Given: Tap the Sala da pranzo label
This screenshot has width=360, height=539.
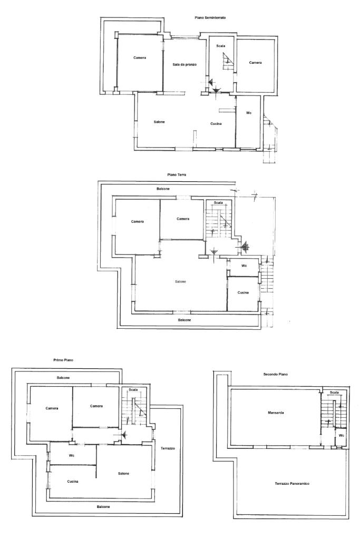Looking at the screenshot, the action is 184,64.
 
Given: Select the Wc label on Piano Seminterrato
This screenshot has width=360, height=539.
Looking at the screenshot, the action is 249,113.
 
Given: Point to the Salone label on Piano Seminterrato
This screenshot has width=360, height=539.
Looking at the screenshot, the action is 159,122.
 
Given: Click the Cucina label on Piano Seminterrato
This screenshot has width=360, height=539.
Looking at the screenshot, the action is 216,123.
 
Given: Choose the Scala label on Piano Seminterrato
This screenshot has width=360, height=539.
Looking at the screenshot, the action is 221,46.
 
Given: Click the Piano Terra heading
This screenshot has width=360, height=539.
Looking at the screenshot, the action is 177,174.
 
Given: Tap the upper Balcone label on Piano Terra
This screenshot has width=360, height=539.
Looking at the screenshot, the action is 163,189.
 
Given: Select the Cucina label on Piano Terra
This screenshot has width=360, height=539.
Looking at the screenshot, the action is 243,292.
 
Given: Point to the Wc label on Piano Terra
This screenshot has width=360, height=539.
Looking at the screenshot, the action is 244,266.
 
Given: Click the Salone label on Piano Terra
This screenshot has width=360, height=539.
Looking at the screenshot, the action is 180,281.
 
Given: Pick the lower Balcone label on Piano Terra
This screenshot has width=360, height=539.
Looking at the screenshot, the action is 184,320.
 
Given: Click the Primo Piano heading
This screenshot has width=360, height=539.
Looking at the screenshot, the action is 63,360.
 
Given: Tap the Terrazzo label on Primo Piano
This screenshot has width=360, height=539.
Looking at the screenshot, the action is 168,448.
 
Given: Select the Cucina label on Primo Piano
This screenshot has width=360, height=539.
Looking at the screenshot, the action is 73,481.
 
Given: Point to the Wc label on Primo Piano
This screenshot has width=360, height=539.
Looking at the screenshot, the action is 72,455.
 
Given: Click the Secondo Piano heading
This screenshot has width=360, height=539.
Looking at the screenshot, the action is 276,374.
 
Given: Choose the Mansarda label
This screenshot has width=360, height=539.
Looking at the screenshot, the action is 276,413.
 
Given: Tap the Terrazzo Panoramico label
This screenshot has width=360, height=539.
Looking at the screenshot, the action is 292,483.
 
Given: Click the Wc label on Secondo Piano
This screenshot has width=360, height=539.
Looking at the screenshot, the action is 341,436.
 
